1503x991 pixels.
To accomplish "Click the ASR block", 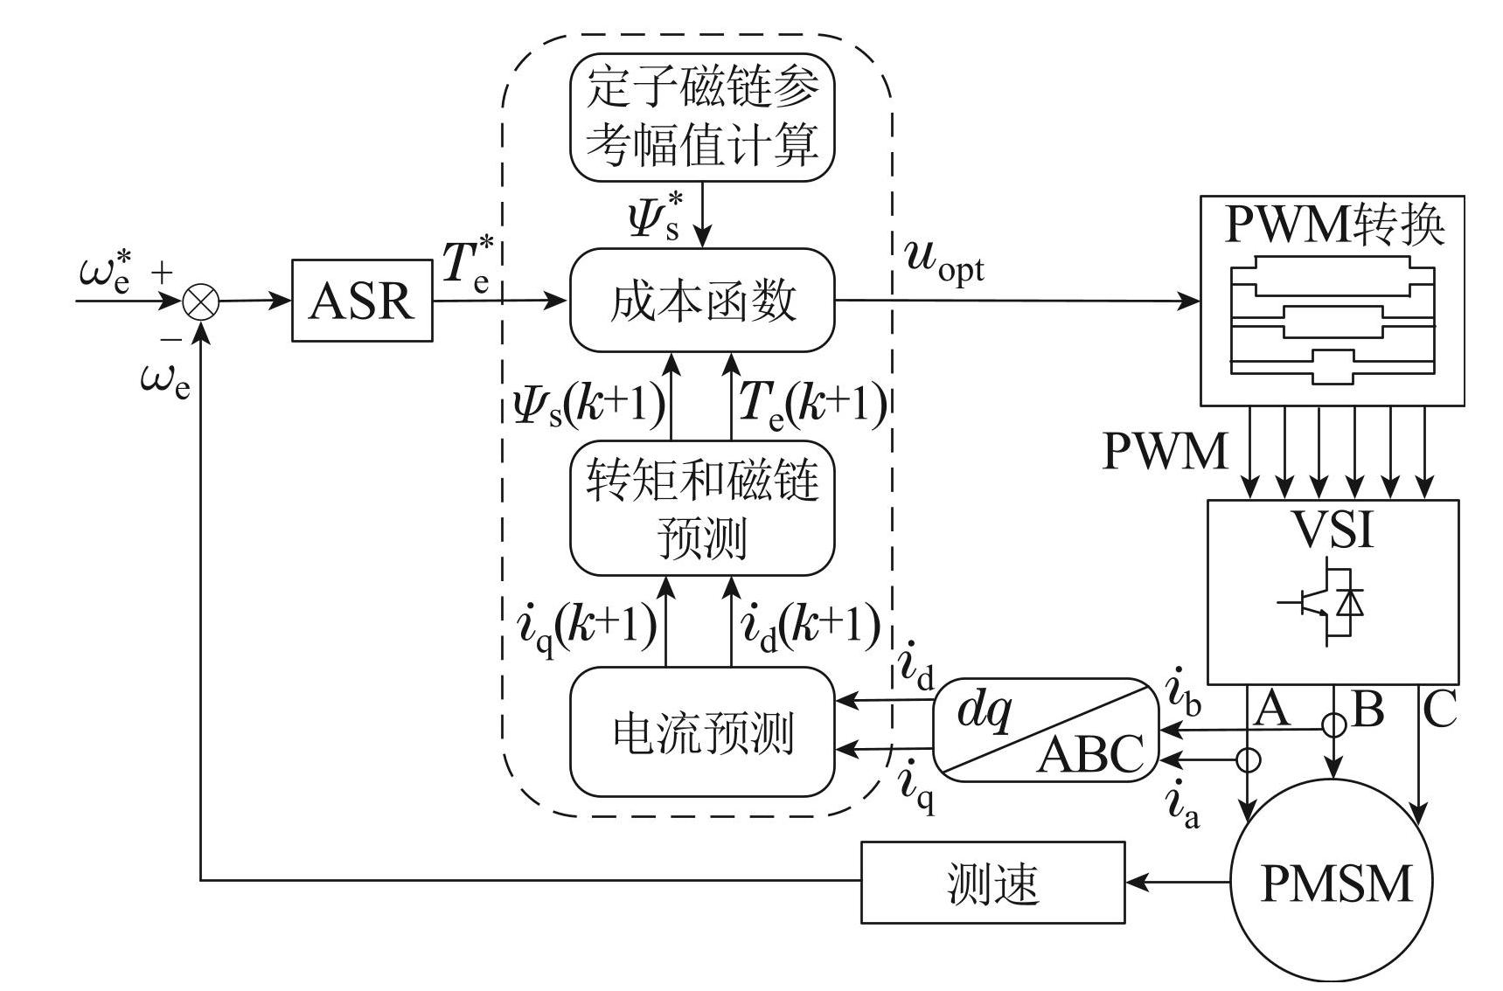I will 361,301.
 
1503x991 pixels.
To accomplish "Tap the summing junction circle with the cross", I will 201,302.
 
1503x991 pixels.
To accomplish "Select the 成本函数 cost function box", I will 702,301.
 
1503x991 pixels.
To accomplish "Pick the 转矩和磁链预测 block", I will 702,509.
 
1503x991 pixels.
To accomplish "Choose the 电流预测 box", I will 702,732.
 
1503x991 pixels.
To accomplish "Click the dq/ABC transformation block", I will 1046,730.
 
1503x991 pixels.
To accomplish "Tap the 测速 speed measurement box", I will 992,883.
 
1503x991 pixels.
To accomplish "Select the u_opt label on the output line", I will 944,262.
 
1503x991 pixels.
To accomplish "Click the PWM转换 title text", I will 1334,225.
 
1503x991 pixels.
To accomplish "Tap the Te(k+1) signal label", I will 812,405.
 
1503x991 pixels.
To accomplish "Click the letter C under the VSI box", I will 1438,710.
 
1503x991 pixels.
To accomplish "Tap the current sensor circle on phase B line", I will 1333,725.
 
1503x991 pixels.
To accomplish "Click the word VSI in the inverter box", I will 1333,529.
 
